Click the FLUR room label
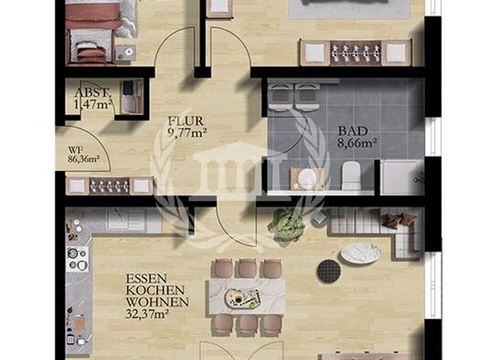click(x=186, y=122)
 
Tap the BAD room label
click(x=352, y=132)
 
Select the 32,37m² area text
click(x=147, y=313)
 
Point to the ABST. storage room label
click(x=91, y=92)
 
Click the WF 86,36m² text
click(x=83, y=154)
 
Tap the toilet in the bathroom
click(x=351, y=175)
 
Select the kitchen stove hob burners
click(x=78, y=259)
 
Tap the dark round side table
click(x=328, y=270)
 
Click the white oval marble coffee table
click(x=360, y=253)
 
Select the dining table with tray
click(x=247, y=297)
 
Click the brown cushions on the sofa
click(x=399, y=219)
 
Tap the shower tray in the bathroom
click(x=401, y=176)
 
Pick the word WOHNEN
click(x=157, y=302)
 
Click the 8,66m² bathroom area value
click(x=357, y=143)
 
